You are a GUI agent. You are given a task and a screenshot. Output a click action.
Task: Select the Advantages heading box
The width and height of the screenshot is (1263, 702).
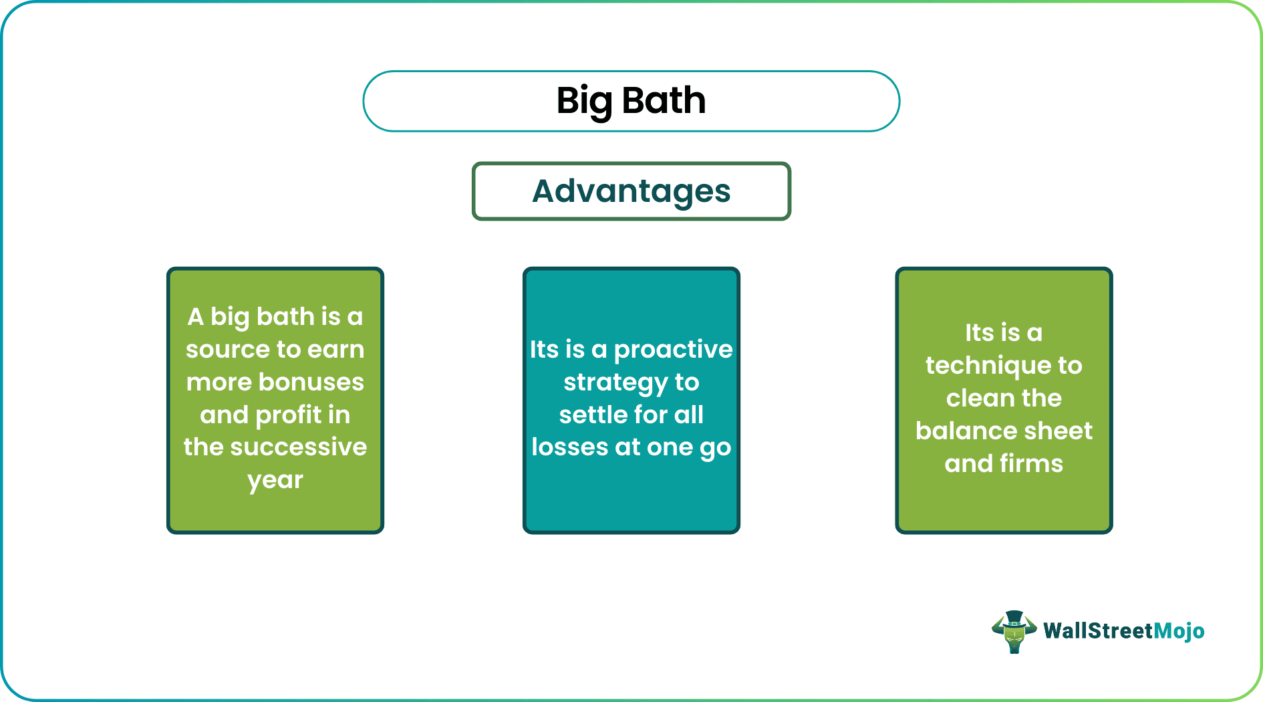tap(631, 191)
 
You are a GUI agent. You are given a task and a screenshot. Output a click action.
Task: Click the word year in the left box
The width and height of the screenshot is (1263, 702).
tap(275, 481)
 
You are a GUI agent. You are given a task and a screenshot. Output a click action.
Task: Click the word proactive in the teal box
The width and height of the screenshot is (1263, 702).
tap(673, 350)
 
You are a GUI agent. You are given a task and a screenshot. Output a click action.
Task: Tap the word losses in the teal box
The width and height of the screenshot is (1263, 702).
tap(569, 447)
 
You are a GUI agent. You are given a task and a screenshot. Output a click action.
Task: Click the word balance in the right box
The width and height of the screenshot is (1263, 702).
tap(957, 431)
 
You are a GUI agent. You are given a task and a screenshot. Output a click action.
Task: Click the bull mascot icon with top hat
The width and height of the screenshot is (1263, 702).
tap(1014, 631)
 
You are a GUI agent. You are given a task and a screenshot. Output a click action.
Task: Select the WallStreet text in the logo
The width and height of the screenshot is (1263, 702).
tap(1098, 631)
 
